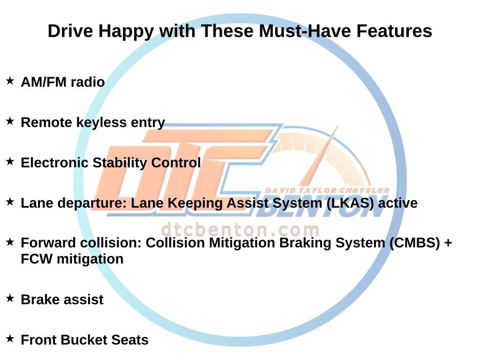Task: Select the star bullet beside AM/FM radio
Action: [10, 81]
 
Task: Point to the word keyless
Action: [101, 123]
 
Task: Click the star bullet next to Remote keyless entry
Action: [10, 121]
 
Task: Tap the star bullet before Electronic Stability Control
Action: [10, 161]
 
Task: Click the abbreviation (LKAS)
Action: [350, 203]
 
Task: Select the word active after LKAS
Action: [397, 203]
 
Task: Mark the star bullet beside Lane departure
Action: [10, 202]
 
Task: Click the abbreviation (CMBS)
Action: [415, 243]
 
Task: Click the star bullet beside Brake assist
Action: [10, 298]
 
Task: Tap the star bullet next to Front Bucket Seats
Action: [10, 338]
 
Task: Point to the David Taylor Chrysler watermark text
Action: [327, 190]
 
